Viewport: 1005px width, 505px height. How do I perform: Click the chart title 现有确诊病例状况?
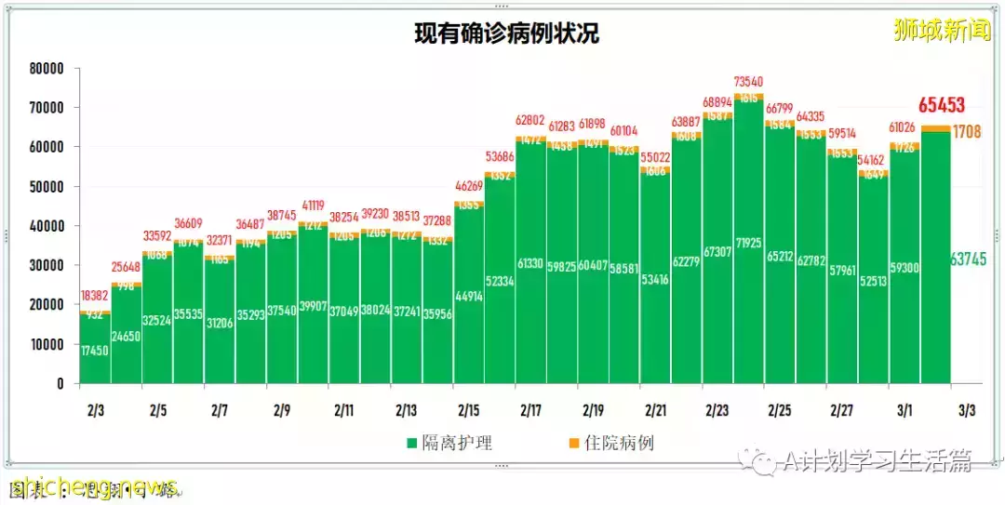pyautogui.click(x=506, y=34)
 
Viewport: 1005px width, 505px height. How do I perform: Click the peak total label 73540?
pyautogui.click(x=749, y=82)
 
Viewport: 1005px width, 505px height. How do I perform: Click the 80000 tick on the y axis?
pyautogui.click(x=46, y=69)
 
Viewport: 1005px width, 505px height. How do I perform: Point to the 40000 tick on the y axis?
pyautogui.click(x=46, y=226)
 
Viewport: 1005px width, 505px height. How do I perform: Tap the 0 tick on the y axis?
pyautogui.click(x=60, y=383)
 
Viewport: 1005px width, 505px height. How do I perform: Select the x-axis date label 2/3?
pyautogui.click(x=95, y=410)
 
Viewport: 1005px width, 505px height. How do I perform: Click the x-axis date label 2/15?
pyautogui.click(x=468, y=410)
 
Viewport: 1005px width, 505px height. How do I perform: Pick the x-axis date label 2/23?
pyautogui.click(x=717, y=410)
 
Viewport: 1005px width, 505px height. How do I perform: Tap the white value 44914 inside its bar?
pyautogui.click(x=468, y=297)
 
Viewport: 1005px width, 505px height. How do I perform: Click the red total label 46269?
pyautogui.click(x=468, y=186)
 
